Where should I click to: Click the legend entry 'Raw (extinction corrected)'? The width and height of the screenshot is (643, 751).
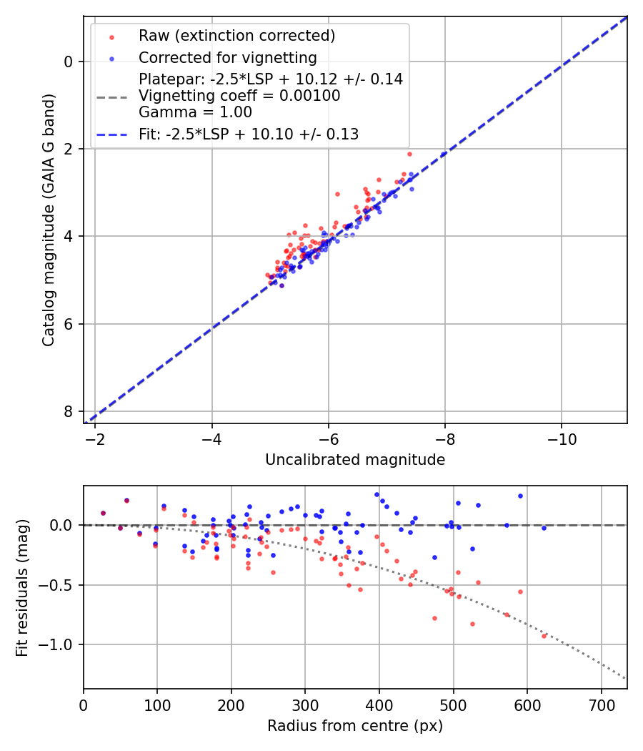coord(236,36)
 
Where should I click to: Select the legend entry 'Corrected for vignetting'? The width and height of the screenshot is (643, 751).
coord(227,57)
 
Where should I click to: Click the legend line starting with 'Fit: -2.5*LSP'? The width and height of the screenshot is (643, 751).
coord(248,134)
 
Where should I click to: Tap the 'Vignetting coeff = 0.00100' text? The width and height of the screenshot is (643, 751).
coord(239,95)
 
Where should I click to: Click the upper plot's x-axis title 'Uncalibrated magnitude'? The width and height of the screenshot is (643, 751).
coord(355,460)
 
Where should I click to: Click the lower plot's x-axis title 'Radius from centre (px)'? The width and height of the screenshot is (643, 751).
coord(355,726)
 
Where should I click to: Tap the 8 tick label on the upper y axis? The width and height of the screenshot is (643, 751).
coord(69,411)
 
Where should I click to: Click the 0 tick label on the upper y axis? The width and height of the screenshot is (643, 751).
coord(69,62)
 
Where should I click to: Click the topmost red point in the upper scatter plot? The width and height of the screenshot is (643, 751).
coord(409,154)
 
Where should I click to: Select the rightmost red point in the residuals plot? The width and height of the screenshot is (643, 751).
coord(544,636)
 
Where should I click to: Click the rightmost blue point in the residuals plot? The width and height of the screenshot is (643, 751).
coord(544,528)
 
